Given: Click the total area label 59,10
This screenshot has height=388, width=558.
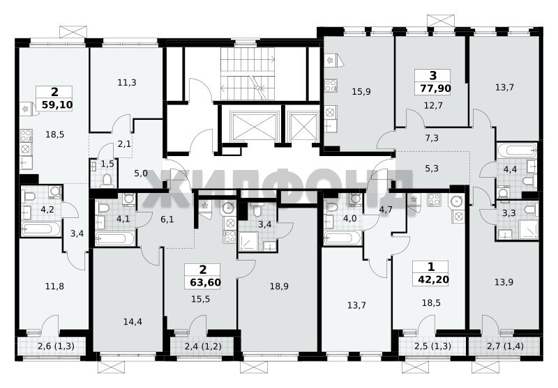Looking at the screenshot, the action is click(57, 104).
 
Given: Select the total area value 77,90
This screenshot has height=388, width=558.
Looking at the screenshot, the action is click(435, 88).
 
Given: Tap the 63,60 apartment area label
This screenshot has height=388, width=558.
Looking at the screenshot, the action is click(205, 283).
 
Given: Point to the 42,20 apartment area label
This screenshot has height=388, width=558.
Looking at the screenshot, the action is click(433, 279).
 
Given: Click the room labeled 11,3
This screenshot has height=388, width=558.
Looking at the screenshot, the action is click(127, 83).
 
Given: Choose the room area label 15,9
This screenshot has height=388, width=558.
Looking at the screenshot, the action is click(361, 92).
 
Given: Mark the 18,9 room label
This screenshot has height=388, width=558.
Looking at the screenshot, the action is click(279, 286).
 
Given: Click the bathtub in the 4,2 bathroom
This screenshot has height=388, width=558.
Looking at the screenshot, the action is click(40, 228).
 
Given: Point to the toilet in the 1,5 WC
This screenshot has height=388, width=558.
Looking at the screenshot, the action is click(106, 181).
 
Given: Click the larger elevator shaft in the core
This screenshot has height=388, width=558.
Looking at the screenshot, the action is click(253, 126).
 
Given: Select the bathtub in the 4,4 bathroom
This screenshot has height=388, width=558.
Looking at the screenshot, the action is click(517, 150).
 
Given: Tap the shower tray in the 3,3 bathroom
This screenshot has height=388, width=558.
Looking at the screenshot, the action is click(529, 229).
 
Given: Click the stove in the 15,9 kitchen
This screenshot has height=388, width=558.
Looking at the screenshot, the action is click(331, 86).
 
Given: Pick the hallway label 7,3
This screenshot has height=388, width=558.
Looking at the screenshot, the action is click(432, 138).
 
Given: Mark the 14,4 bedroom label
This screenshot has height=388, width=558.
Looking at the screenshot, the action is click(133, 322).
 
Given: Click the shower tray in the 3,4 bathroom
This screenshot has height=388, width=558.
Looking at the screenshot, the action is click(249, 241).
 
